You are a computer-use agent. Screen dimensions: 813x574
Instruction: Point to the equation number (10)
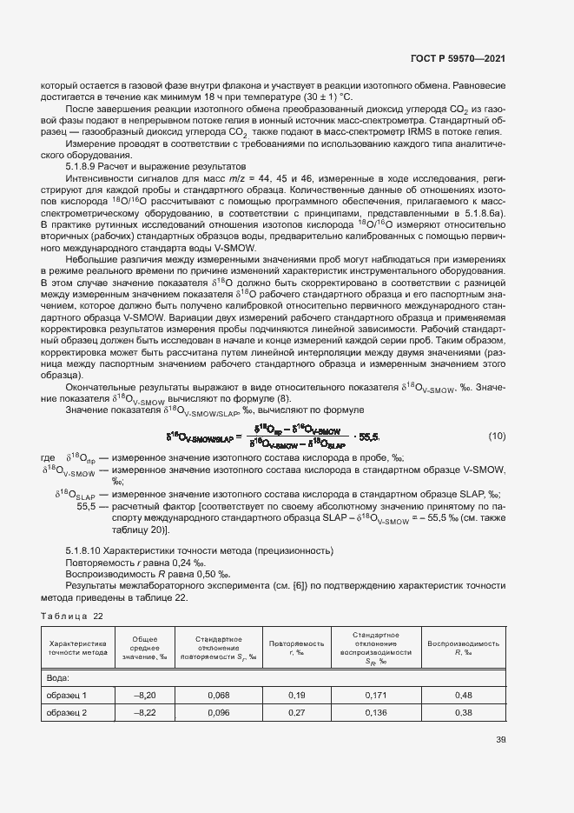[x=496, y=436]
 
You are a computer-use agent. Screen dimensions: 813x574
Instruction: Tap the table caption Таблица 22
[x=72, y=616]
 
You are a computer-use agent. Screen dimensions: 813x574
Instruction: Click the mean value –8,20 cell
[x=144, y=695]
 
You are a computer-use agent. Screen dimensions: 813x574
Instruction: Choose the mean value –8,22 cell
[x=144, y=712]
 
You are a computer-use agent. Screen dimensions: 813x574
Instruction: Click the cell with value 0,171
[x=375, y=695]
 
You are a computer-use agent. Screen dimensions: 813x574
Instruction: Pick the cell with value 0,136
[x=375, y=712]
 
